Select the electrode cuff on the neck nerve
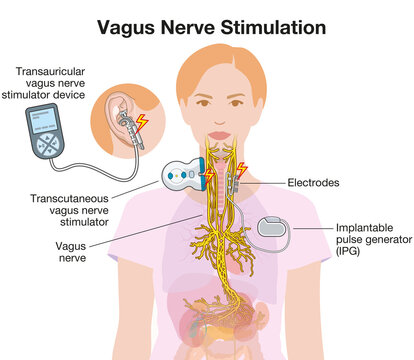click(233, 180)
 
